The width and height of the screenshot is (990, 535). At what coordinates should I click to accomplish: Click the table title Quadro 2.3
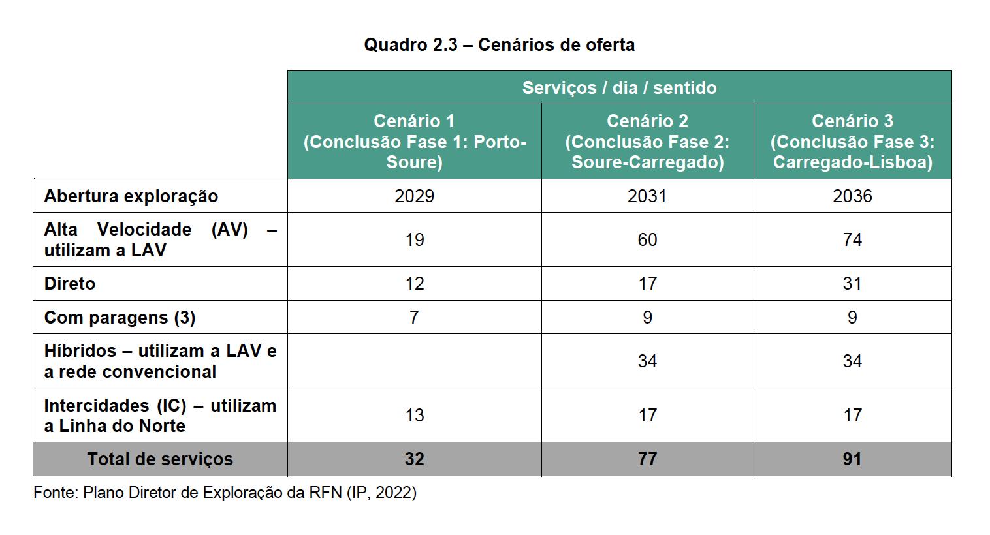tap(499, 45)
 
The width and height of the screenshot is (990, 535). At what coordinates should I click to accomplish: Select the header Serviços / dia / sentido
tap(619, 88)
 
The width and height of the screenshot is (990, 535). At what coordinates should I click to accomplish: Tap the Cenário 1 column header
tap(414, 142)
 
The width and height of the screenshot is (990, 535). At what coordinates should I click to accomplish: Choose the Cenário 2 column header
tap(647, 142)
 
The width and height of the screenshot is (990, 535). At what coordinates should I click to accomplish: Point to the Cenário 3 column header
tap(852, 142)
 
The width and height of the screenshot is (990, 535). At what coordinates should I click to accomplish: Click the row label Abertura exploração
tap(131, 196)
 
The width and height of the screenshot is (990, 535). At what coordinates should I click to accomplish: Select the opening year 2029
tap(414, 196)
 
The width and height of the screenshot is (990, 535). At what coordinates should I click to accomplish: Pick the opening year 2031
tap(647, 196)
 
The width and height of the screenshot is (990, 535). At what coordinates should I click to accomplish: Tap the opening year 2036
tap(852, 196)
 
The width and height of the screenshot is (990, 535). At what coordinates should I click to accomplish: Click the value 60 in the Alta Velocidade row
tap(647, 240)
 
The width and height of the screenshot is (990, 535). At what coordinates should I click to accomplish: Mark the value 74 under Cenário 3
tap(852, 240)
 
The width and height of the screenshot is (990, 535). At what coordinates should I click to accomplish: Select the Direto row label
tap(70, 284)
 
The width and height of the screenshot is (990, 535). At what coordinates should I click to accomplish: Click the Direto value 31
tap(852, 284)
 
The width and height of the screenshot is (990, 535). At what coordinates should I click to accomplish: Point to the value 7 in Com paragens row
tap(414, 318)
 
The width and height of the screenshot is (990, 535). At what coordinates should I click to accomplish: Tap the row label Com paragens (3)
tap(120, 318)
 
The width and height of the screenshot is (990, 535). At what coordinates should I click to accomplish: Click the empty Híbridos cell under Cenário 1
tap(414, 361)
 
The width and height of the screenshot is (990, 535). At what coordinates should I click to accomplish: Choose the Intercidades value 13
tap(414, 416)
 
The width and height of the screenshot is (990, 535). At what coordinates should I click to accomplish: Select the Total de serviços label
tap(160, 459)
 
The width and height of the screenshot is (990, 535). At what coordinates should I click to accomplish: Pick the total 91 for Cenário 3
tap(852, 459)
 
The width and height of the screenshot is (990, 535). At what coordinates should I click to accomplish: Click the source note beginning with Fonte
tap(225, 493)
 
